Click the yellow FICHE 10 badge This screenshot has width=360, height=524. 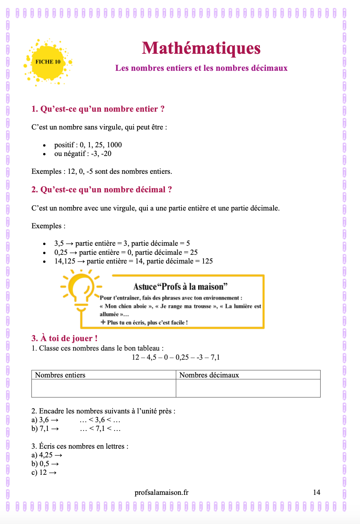click(48, 62)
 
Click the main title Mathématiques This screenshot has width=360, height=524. click(201, 48)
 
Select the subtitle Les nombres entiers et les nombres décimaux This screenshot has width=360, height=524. click(201, 68)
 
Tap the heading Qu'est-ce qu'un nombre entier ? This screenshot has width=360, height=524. click(98, 109)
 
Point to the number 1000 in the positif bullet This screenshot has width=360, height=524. click(114, 145)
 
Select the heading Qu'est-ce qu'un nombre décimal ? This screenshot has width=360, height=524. click(102, 190)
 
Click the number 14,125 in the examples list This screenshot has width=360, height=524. click(65, 261)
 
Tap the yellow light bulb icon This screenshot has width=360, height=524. click(81, 290)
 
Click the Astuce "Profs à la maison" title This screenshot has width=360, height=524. click(180, 287)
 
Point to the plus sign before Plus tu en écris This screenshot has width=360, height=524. click(103, 322)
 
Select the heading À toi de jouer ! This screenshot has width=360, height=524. click(64, 338)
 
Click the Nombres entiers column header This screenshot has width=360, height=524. click(60, 375)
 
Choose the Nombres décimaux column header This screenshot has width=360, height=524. click(209, 375)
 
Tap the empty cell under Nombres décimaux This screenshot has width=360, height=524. click(248, 388)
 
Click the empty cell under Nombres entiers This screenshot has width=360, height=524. click(103, 388)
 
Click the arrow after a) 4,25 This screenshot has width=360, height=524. click(58, 455)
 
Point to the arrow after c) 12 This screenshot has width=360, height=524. click(53, 473)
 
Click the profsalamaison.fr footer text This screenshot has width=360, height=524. click(161, 493)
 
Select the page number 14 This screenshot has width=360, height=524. click(316, 493)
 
